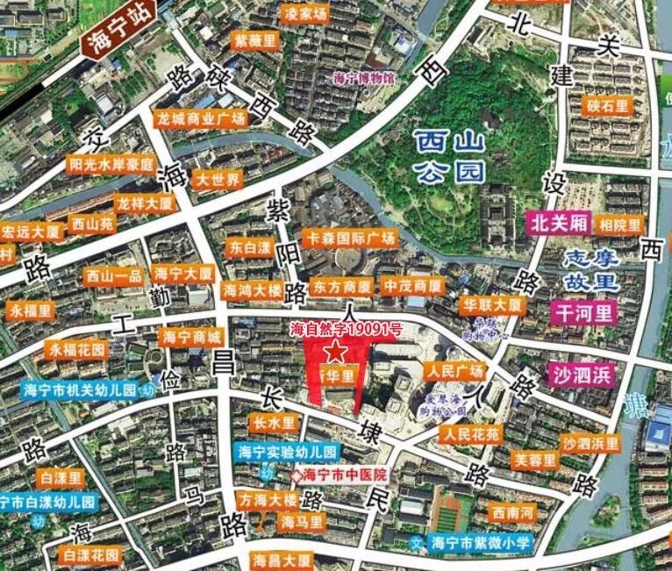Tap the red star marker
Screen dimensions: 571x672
tap(336, 352)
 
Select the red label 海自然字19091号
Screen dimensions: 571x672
tap(346, 330)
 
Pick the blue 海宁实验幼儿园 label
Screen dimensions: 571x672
tap(288, 453)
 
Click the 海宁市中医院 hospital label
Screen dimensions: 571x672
tap(345, 475)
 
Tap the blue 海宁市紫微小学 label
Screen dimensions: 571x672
tap(481, 543)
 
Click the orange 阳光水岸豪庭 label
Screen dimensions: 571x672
tap(111, 164)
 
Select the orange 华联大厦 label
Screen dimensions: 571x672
tap(492, 305)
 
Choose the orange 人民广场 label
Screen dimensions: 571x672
tap(454, 370)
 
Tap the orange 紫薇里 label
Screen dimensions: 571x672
tap(254, 40)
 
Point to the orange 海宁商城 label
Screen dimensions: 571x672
tap(192, 336)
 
